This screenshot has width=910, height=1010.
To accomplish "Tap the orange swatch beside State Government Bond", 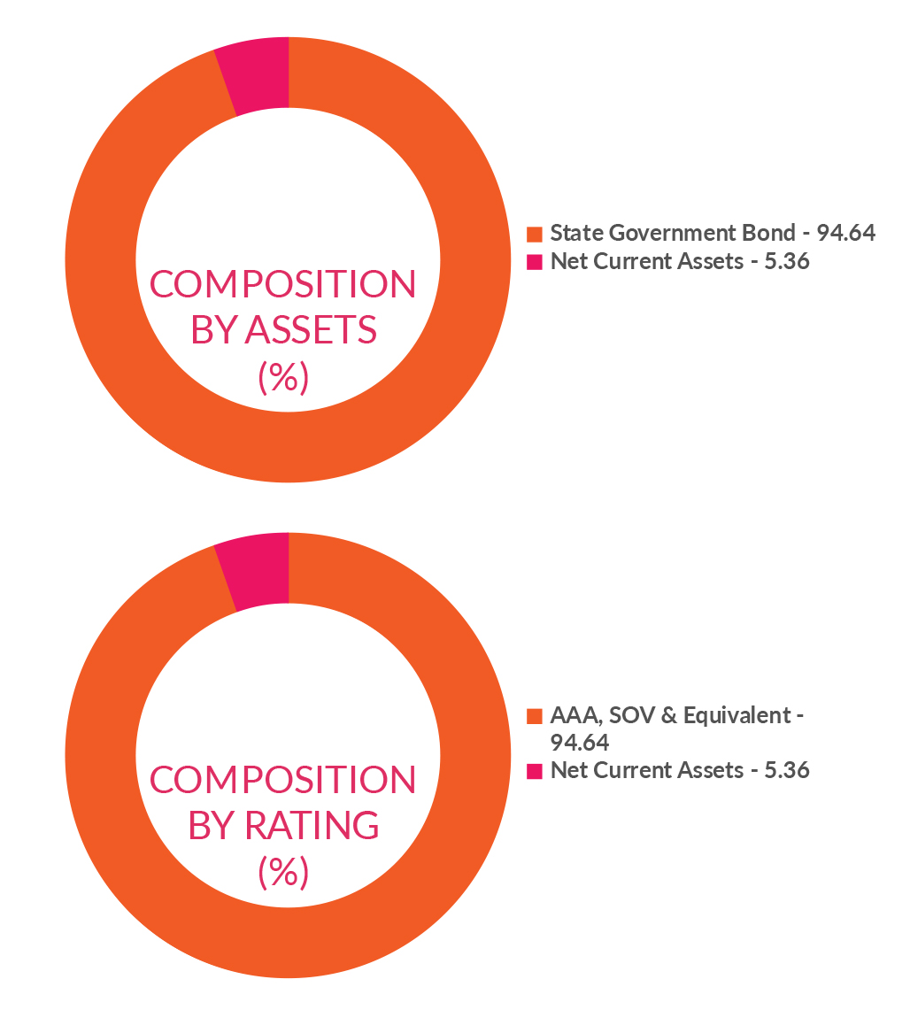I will pyautogui.click(x=534, y=234).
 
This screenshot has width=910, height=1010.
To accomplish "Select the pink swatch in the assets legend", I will pyautogui.click(x=534, y=262).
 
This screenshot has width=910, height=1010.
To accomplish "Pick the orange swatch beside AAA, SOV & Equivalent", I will pyautogui.click(x=534, y=716).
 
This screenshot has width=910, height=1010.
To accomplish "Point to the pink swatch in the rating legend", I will pyautogui.click(x=534, y=771).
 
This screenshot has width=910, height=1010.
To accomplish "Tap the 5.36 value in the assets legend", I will pyautogui.click(x=787, y=262).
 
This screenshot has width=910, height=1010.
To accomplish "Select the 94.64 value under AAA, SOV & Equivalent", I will pyautogui.click(x=579, y=743).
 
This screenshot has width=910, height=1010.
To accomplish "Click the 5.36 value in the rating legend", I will pyautogui.click(x=787, y=771).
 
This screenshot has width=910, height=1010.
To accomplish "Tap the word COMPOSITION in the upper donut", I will pyautogui.click(x=282, y=285).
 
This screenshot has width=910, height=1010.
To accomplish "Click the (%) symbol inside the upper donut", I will pyautogui.click(x=282, y=378).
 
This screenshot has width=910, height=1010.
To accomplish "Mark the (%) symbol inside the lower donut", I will pyautogui.click(x=282, y=874).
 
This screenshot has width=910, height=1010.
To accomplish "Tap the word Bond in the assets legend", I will pyautogui.click(x=776, y=234).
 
